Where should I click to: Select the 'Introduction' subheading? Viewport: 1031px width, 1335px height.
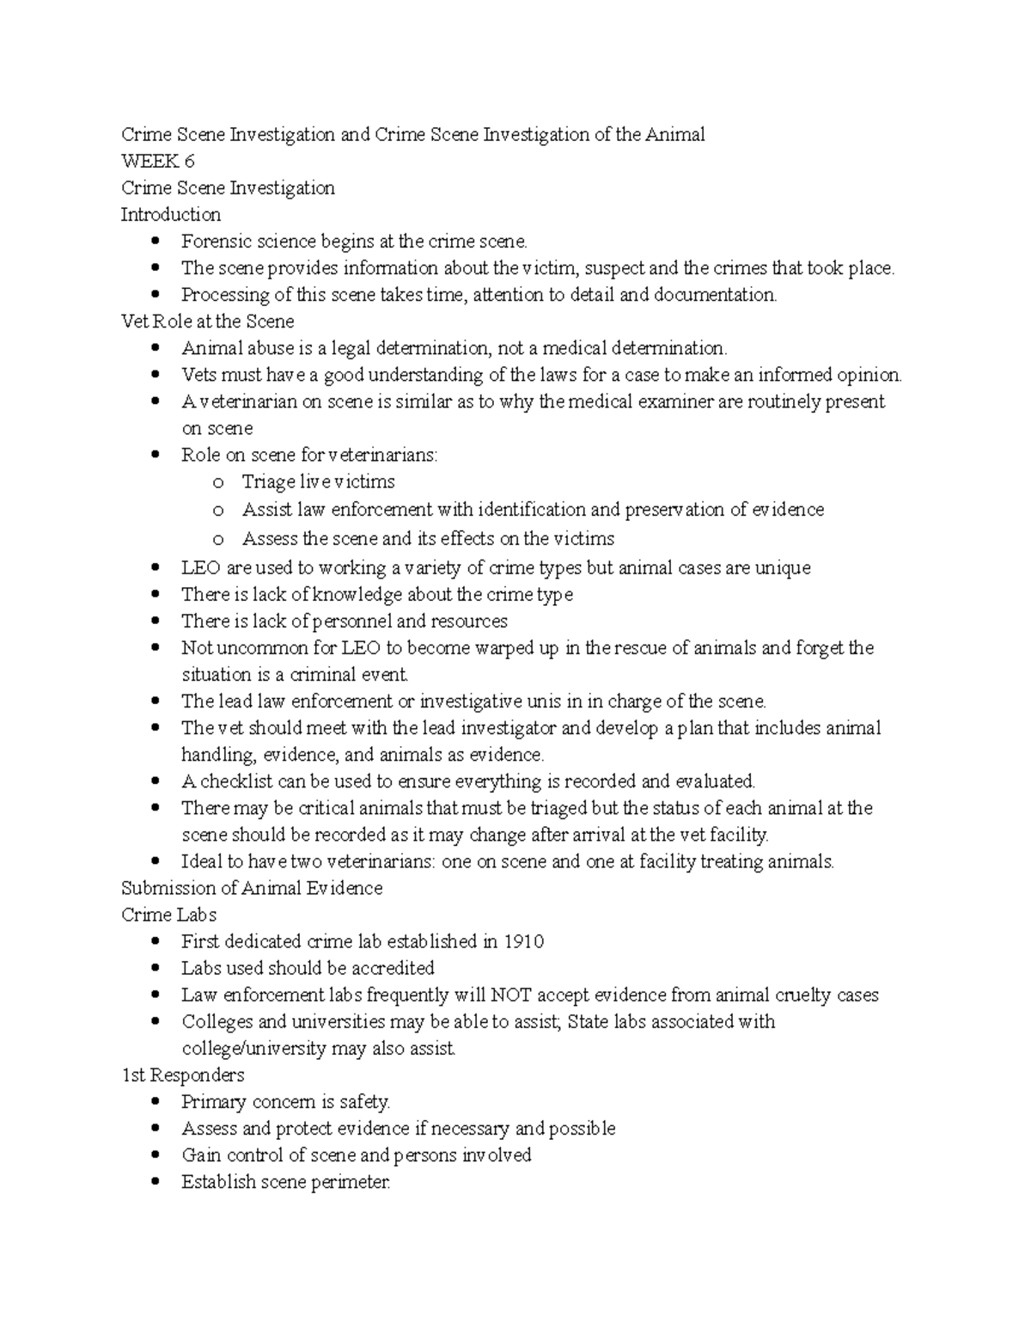171,214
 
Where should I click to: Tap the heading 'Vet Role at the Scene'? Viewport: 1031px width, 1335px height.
207,322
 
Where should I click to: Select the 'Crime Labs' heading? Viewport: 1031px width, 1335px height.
168,915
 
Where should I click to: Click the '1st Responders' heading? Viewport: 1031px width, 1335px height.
183,1075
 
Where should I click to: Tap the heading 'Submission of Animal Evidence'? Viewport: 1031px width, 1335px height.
252,888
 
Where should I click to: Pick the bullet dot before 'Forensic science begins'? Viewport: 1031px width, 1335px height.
155,242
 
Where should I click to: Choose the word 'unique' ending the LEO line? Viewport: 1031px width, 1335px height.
782,568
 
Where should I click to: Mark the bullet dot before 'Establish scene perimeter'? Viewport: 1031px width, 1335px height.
155,1182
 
